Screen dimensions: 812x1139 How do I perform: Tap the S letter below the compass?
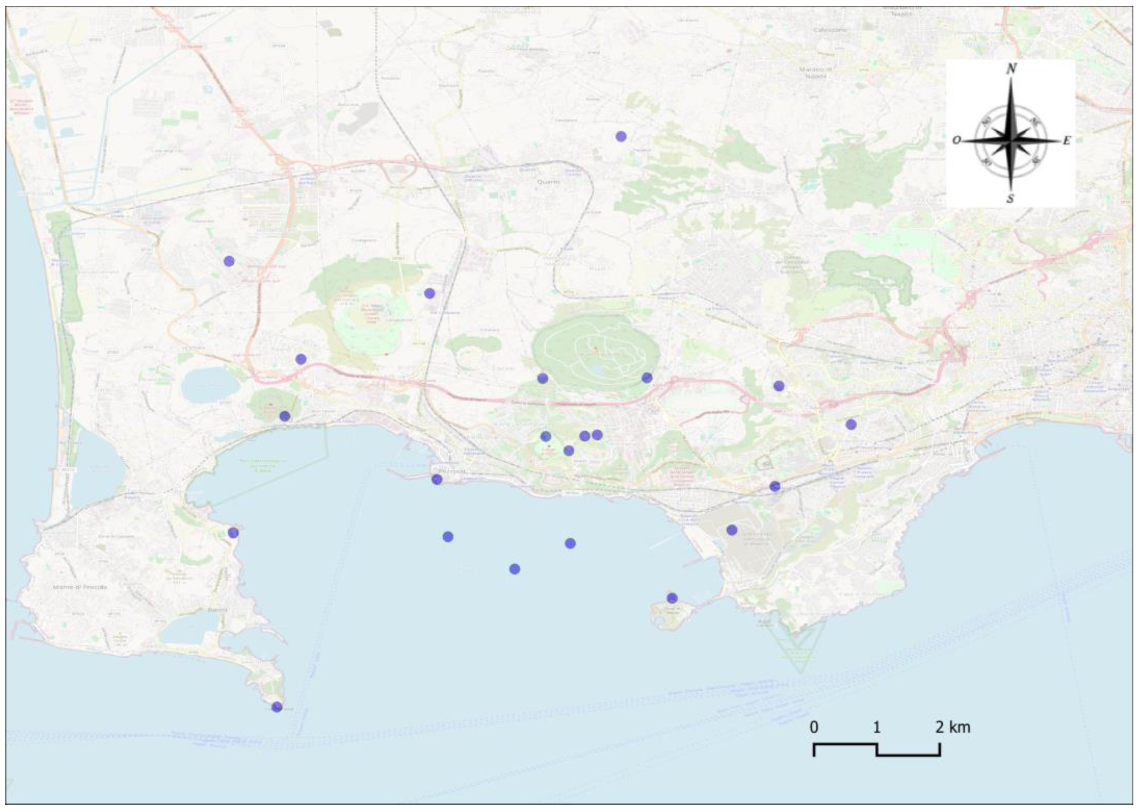1010,199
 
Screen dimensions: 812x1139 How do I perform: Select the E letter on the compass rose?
1067,141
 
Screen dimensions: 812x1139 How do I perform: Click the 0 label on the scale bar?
814,727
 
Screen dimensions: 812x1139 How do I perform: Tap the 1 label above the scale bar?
876,727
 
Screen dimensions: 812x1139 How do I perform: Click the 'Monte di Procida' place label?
80,587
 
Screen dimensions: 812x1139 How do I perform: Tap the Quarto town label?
548,182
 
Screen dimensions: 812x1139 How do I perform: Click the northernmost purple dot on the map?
621,136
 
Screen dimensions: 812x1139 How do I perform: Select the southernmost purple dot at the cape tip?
277,707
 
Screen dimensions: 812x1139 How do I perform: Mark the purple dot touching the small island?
672,598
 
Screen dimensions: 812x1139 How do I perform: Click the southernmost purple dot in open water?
514,569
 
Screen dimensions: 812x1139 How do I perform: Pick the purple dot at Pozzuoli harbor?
437,479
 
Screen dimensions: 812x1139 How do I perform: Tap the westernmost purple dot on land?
229,261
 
